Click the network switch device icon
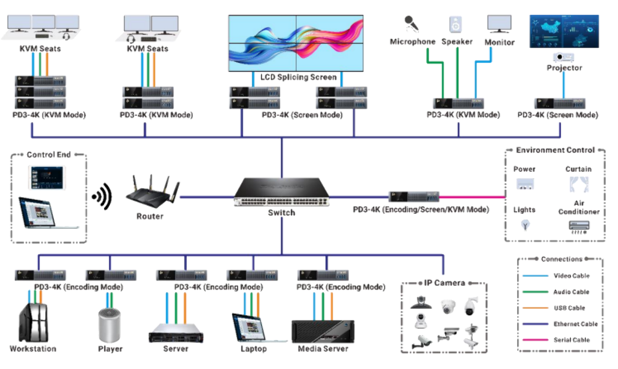[281, 193]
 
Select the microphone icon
[412, 24]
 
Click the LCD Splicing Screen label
[298, 77]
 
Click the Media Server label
[323, 349]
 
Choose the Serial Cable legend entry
[571, 340]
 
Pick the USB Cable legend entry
[569, 308]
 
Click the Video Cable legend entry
[571, 276]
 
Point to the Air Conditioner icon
[578, 226]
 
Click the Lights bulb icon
[525, 225]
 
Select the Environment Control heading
[555, 150]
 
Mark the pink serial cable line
[472, 195]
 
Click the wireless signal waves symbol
[102, 194]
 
